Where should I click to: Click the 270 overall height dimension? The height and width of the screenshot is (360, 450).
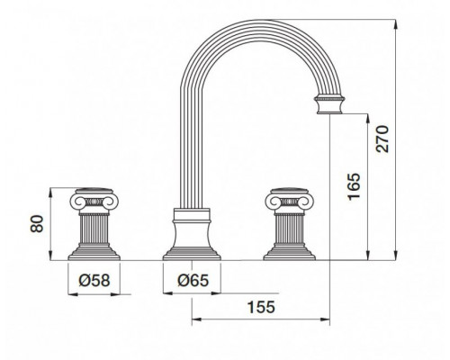(382, 139)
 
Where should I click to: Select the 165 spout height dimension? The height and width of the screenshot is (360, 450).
(354, 186)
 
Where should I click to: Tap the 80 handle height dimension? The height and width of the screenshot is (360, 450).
(37, 224)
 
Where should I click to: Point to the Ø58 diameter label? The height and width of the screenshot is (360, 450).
(94, 281)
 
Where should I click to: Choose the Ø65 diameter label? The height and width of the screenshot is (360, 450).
(193, 281)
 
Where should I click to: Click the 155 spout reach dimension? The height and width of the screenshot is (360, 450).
(261, 307)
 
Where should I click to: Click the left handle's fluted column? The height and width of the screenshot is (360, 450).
(94, 229)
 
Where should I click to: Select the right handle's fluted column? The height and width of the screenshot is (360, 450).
(290, 229)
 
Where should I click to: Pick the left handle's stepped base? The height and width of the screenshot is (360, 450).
(94, 253)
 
